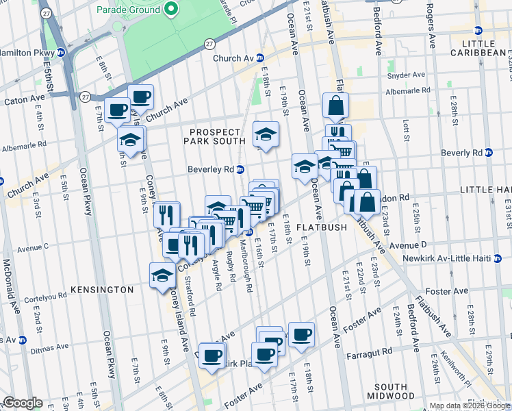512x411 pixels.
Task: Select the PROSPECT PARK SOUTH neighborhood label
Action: click(212, 136)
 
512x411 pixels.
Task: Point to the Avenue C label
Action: click(48, 247)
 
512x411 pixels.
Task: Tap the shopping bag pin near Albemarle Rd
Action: click(336, 106)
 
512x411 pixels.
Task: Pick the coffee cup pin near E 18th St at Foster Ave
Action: click(301, 334)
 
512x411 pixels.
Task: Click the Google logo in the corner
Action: click(22, 403)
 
